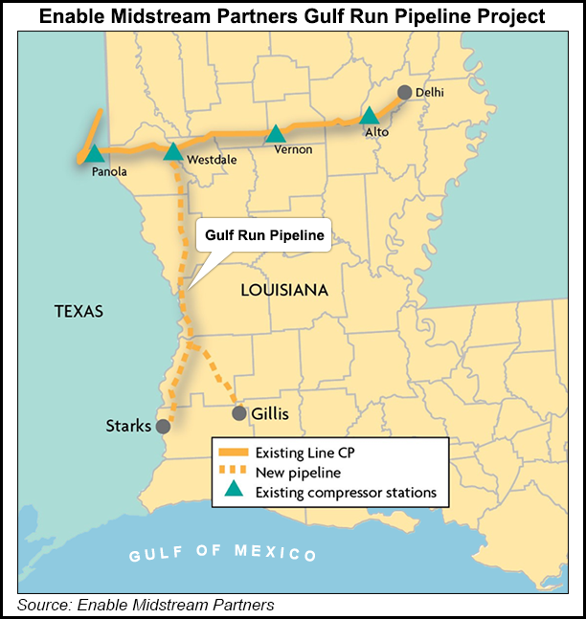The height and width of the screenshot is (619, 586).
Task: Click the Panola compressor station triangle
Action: [x=94, y=153]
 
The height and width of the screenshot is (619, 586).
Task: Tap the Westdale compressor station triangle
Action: [x=173, y=151]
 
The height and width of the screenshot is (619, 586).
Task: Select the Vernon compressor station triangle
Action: [x=276, y=134]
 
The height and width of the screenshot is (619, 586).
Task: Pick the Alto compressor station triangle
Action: [x=370, y=117]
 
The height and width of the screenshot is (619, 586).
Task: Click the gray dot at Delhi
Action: [x=405, y=93]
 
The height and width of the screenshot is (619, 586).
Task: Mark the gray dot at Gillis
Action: [x=239, y=413]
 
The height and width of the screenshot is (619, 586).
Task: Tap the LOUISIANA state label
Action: [x=284, y=289]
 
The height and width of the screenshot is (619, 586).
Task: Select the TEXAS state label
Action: [x=79, y=311]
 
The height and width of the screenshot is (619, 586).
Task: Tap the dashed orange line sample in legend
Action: [x=234, y=472]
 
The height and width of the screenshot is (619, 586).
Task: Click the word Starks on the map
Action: [x=128, y=426]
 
